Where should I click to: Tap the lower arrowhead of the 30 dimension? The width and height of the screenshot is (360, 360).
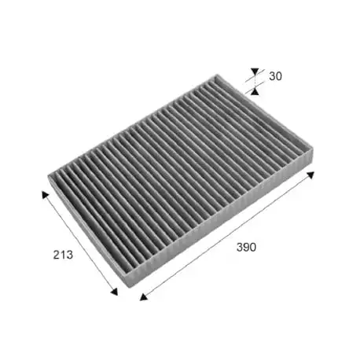(254, 91)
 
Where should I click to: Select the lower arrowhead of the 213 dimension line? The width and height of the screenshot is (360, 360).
(114, 291)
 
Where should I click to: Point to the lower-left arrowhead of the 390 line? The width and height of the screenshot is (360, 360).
(143, 296)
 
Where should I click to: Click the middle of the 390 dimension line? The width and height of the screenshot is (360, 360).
(227, 234)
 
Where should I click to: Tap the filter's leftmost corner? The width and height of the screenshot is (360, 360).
(50, 179)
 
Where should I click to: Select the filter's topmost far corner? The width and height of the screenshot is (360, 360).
(217, 74)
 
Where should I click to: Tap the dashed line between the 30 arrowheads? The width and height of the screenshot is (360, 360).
(254, 82)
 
